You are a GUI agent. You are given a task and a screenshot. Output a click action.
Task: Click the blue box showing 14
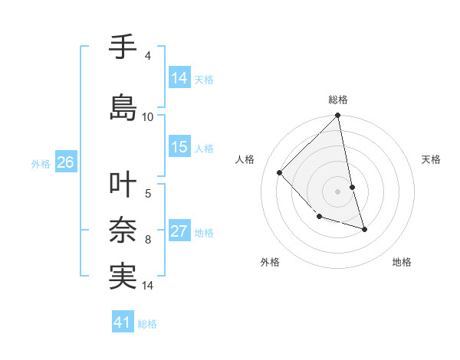[x=179, y=77]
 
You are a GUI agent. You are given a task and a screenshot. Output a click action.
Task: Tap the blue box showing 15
[x=179, y=147]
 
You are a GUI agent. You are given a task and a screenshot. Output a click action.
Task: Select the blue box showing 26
[x=65, y=162]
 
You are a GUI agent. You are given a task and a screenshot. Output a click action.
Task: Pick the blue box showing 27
[x=179, y=231]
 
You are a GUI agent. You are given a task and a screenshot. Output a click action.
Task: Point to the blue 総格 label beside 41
[x=147, y=324]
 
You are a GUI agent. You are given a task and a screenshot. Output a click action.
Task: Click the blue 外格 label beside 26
[x=41, y=163]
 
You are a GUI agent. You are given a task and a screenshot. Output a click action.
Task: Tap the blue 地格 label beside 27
[x=204, y=233]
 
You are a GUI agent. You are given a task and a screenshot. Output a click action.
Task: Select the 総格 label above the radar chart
[x=338, y=100]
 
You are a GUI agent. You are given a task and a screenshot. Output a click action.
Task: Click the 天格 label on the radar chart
[x=431, y=159]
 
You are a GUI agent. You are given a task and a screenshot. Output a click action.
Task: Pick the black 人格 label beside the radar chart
[x=245, y=159]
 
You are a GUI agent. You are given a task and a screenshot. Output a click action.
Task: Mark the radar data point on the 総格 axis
[x=338, y=116]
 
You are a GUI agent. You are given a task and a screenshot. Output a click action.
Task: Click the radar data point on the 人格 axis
[x=280, y=172]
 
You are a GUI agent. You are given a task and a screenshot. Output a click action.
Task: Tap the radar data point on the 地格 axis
[x=364, y=229]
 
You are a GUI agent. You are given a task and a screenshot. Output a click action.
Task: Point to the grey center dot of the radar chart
[x=338, y=191]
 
